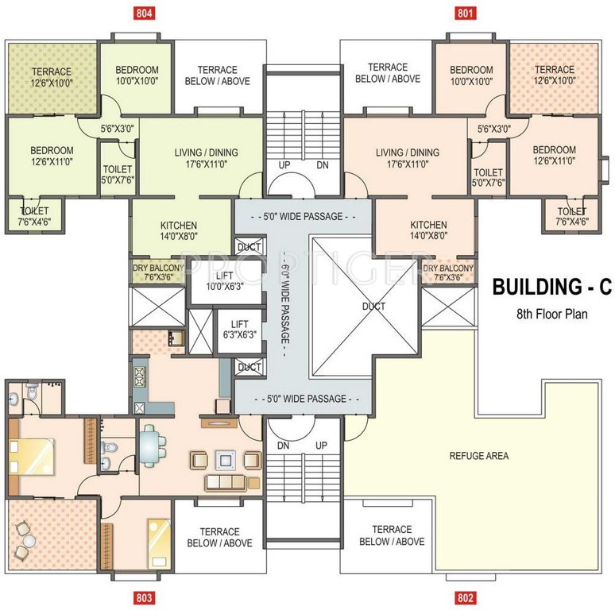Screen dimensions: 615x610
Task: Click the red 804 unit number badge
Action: (144, 13)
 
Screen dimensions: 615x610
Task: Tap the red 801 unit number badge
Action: (465, 13)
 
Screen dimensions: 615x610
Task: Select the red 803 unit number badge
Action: (144, 597)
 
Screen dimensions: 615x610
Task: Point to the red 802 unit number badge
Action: (465, 597)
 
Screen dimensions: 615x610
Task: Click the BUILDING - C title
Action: (552, 287)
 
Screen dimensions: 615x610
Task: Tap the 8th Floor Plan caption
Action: (552, 314)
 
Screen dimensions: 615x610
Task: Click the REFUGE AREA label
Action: (479, 456)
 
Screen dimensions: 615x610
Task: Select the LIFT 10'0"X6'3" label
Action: (225, 281)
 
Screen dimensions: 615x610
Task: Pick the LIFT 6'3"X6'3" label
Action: (240, 330)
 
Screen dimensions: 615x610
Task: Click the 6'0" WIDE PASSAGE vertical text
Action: (285, 304)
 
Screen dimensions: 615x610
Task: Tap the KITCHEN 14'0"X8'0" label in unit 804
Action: (179, 230)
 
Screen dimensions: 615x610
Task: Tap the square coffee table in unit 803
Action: (226, 460)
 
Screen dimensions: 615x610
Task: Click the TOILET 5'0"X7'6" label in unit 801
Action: (489, 177)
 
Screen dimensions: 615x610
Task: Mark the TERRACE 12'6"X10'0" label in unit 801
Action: (555, 75)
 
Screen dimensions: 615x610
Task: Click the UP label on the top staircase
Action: (284, 165)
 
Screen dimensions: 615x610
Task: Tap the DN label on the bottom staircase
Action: (283, 446)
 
